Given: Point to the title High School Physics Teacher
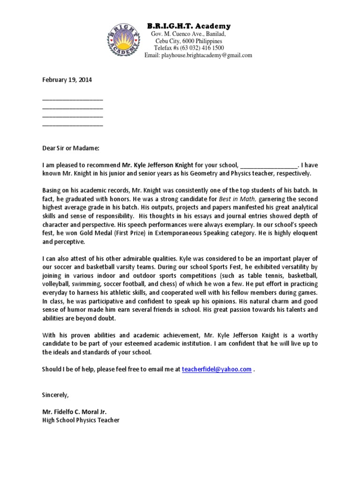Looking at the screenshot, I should pos(81,420).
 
